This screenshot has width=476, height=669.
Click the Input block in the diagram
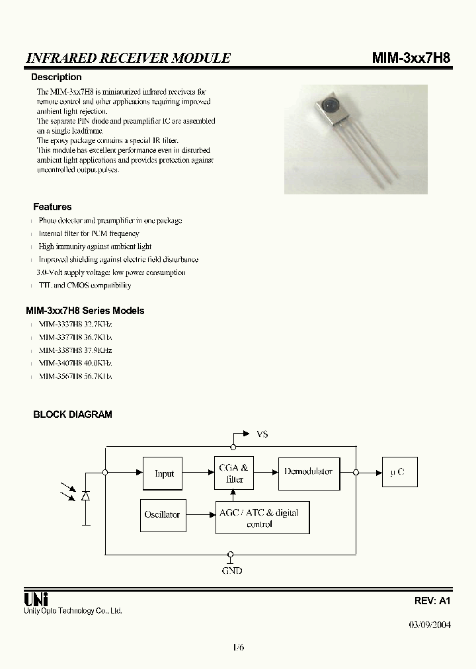(163, 473)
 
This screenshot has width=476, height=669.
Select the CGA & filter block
(234, 473)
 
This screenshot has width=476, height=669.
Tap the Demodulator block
(308, 472)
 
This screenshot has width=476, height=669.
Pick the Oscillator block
(162, 514)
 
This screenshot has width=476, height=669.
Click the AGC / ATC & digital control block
(262, 518)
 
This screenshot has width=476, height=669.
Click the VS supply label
(262, 434)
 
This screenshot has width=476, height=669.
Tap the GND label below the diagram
(232, 570)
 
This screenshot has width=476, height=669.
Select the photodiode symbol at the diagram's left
(85, 494)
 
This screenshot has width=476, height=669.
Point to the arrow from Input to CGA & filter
(198, 472)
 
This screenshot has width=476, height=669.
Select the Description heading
(57, 77)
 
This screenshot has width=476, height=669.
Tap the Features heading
(52, 207)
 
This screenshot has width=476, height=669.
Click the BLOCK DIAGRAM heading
(73, 414)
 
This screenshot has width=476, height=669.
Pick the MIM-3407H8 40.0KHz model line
(75, 363)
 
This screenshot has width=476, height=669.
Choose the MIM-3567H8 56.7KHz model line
(75, 376)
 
